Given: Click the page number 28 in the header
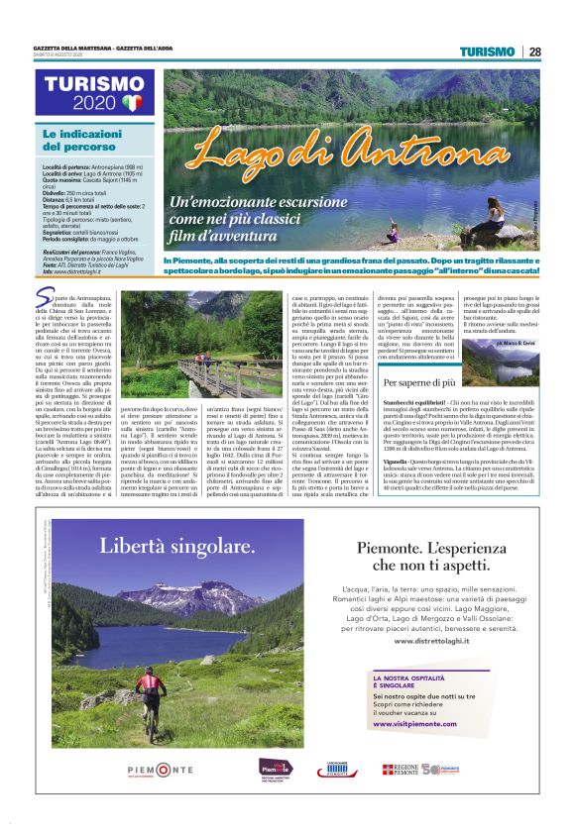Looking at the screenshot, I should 534,52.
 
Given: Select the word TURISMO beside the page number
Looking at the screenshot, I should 487,52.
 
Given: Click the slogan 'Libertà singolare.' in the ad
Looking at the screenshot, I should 177,546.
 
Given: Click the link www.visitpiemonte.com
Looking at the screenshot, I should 415,724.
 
